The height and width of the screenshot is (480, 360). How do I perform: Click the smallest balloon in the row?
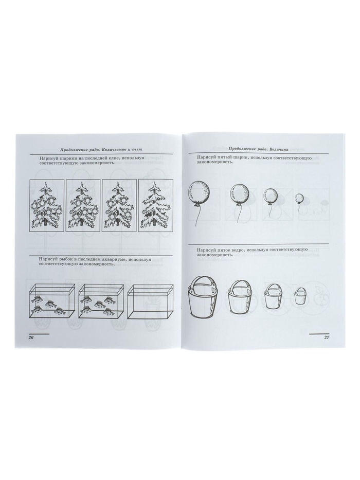click(x=300, y=198)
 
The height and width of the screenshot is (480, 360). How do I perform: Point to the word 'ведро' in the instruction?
click(x=237, y=249)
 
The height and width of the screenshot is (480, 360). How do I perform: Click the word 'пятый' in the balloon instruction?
click(x=224, y=158)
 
